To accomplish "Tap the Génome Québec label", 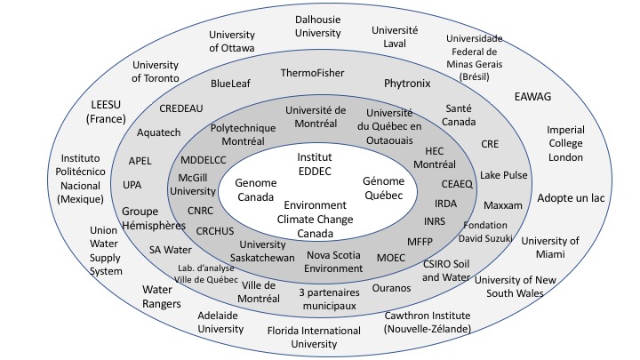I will coord(384,188).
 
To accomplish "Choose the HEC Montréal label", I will coord(435,157).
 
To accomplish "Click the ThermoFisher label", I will coord(312,73).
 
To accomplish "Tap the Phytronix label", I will coord(407,84).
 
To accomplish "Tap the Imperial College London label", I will coord(565,143).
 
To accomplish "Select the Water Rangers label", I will coord(163,297).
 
